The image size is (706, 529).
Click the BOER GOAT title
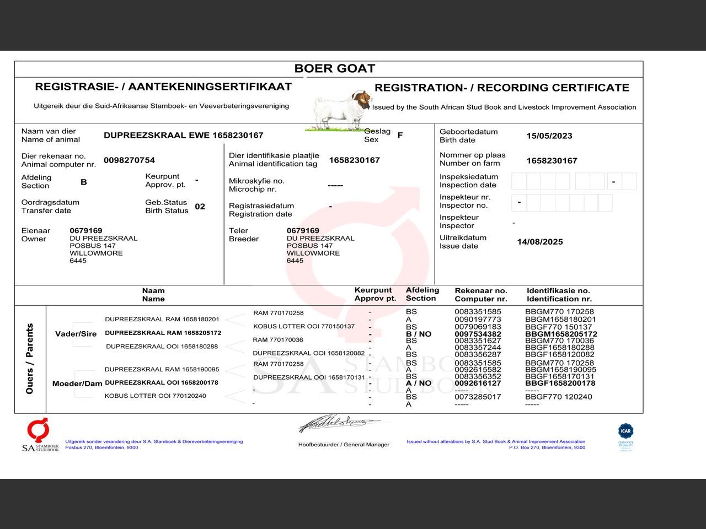point(334,68)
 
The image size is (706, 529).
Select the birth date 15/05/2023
point(549,136)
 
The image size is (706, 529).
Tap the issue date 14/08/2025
point(539,242)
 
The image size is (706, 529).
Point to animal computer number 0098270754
point(129,160)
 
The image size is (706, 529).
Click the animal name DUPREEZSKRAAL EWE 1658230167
point(183,135)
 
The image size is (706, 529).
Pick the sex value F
point(400,135)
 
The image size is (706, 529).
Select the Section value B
point(84,182)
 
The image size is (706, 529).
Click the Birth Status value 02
point(200,207)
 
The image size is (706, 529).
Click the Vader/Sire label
point(76,334)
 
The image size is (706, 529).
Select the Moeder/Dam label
point(77,384)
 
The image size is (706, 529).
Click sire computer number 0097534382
point(478,334)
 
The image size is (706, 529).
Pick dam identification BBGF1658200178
point(560,383)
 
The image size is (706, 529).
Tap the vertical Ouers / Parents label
point(30,359)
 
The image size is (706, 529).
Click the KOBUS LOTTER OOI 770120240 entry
point(155,396)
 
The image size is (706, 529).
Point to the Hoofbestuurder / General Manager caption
point(344,445)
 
